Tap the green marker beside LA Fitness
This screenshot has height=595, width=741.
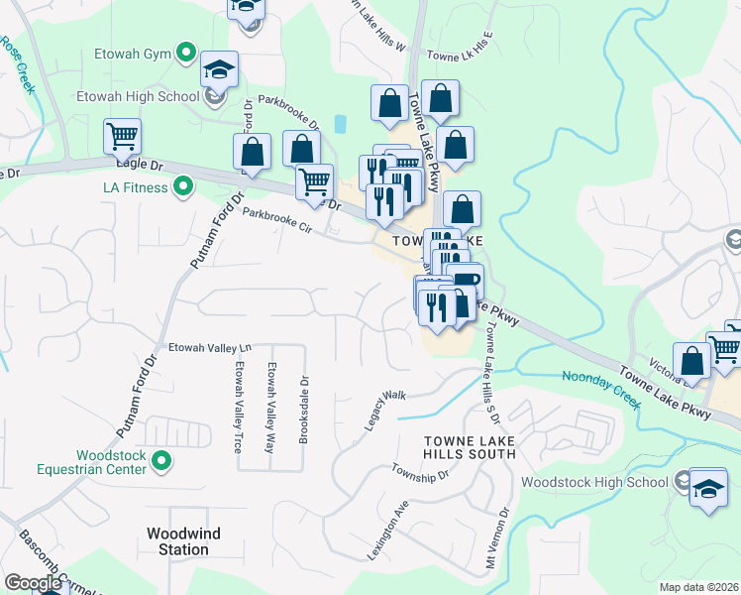(183, 186)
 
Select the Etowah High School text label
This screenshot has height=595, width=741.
(138, 97)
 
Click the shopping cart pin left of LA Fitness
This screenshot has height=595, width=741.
(122, 137)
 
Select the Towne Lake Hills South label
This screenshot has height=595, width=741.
(470, 446)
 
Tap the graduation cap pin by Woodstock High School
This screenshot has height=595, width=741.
(707, 489)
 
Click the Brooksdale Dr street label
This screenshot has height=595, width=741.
(305, 407)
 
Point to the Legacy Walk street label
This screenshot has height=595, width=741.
(385, 409)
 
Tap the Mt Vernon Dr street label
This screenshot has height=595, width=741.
(504, 539)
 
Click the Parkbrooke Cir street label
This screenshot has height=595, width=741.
(277, 220)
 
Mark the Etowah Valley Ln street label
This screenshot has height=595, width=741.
(210, 347)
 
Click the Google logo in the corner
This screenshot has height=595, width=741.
(32, 583)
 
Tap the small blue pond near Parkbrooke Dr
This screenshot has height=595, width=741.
(342, 124)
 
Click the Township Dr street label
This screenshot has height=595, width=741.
(420, 472)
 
